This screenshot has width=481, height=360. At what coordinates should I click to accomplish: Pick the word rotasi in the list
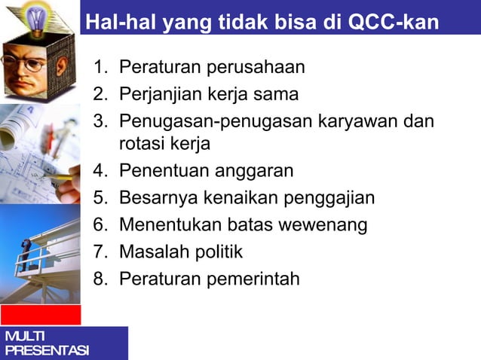143,143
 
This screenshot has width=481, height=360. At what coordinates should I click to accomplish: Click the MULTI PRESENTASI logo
45,343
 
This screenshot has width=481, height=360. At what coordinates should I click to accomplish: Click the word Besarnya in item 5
155,198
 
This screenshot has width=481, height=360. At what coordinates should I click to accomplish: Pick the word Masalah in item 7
151,252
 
